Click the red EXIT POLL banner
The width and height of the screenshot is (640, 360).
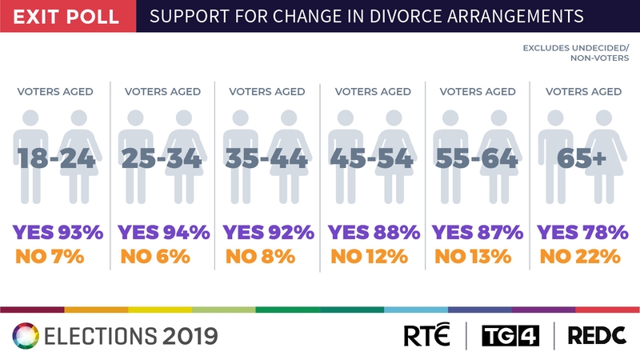67,16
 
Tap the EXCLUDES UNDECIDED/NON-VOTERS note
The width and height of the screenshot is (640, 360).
576,53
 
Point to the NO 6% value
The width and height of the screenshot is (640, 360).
154,257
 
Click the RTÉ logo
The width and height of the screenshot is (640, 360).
427,335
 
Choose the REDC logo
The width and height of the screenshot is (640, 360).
597,335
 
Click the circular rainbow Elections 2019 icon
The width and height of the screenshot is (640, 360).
25,335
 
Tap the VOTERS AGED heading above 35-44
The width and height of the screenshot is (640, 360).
268,91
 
